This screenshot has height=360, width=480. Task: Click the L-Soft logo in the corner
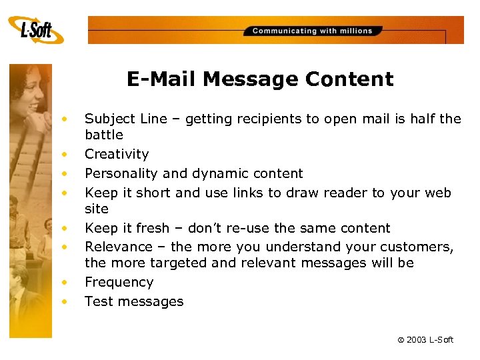[37, 29]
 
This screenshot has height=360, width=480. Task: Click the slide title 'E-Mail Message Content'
[260, 79]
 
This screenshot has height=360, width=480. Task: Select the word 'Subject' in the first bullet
[108, 119]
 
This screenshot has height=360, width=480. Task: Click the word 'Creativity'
[117, 154]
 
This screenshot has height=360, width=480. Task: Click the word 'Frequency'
[119, 282]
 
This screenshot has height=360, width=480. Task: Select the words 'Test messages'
[133, 301]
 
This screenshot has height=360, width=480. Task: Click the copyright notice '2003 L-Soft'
[425, 340]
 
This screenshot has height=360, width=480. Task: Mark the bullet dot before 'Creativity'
[65, 154]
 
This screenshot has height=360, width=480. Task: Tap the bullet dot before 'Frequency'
[65, 282]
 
